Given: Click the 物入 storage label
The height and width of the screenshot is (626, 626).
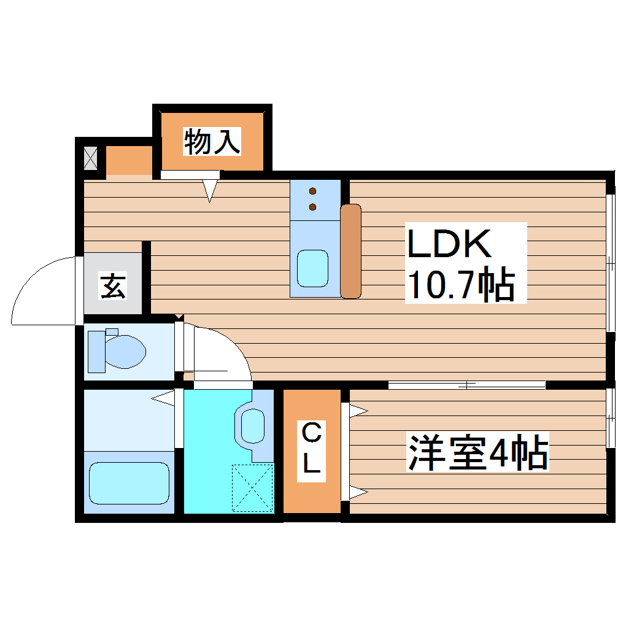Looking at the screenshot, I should pos(211,142).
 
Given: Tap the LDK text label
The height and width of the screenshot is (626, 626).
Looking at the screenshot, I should pos(450,245).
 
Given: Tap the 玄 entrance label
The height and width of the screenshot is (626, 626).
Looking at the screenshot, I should pos(114,287).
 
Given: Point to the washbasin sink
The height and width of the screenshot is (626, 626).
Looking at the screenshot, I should pos(252,425).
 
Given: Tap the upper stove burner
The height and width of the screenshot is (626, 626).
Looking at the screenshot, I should pos(313,190).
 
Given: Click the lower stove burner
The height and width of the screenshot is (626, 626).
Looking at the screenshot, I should pos(313,207).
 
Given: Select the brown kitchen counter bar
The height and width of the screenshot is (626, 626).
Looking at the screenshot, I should pos(351,251).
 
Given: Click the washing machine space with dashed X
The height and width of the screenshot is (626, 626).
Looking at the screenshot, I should pos(252,488).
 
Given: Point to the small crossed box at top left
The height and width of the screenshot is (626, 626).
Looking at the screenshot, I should pos(90,158).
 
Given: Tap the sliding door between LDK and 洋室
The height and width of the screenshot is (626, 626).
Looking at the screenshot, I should pos(466,385).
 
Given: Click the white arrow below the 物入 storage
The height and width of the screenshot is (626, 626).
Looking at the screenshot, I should pos(211,190).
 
